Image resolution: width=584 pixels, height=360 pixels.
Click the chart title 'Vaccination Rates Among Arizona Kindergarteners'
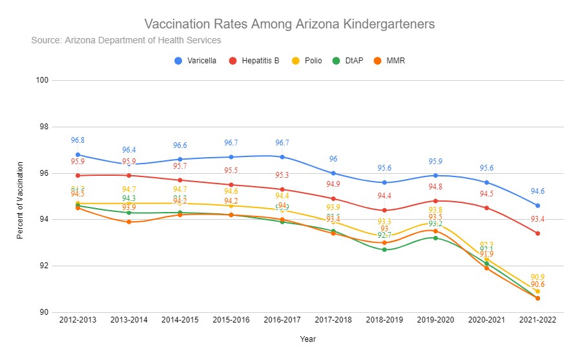pos(289,24)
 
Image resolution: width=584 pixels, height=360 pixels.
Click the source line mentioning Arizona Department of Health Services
pos(126,40)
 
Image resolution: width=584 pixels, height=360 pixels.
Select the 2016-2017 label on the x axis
pos(282,319)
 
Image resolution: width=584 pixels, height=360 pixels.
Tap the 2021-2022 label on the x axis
pos(537,319)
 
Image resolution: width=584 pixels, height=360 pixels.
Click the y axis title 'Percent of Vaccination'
pos(20,196)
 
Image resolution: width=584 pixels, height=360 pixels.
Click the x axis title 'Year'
pos(308,339)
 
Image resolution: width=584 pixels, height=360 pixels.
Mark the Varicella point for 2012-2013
pos(78,154)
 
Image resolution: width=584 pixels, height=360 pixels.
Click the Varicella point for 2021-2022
pos(537,206)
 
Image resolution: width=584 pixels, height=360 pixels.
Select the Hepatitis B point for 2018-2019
pos(384,210)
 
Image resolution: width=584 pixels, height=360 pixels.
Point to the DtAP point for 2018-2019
pos(384,249)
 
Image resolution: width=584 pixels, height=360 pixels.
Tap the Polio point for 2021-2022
pos(537,291)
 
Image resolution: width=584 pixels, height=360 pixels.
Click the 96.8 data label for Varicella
pos(78,140)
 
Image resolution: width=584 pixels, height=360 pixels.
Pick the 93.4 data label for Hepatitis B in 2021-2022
pos(537,219)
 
